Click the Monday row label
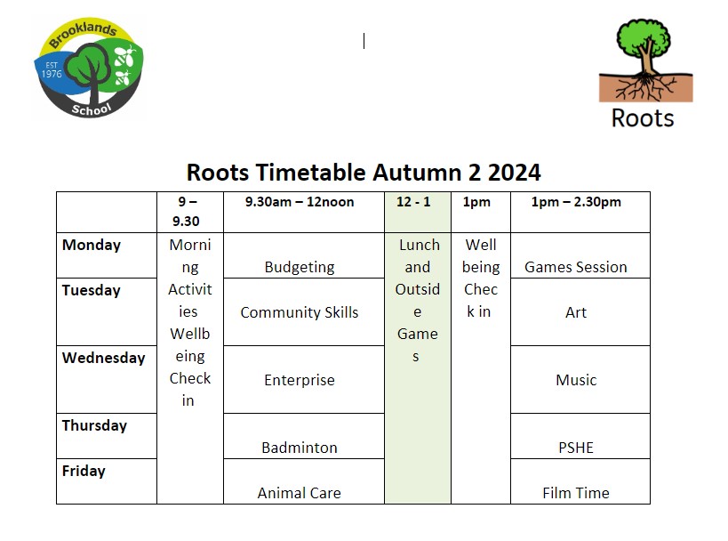[x=92, y=245]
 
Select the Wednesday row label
[x=103, y=358]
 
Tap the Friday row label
[x=84, y=471]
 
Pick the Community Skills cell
[x=300, y=312]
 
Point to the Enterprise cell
[x=300, y=380]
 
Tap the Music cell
[x=576, y=380]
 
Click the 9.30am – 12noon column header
[x=300, y=202]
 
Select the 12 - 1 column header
[x=413, y=202]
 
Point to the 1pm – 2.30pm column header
[x=576, y=202]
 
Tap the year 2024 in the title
[x=514, y=173]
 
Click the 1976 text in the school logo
[x=52, y=74]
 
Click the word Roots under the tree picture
[x=643, y=118]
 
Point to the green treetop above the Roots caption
[x=644, y=37]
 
